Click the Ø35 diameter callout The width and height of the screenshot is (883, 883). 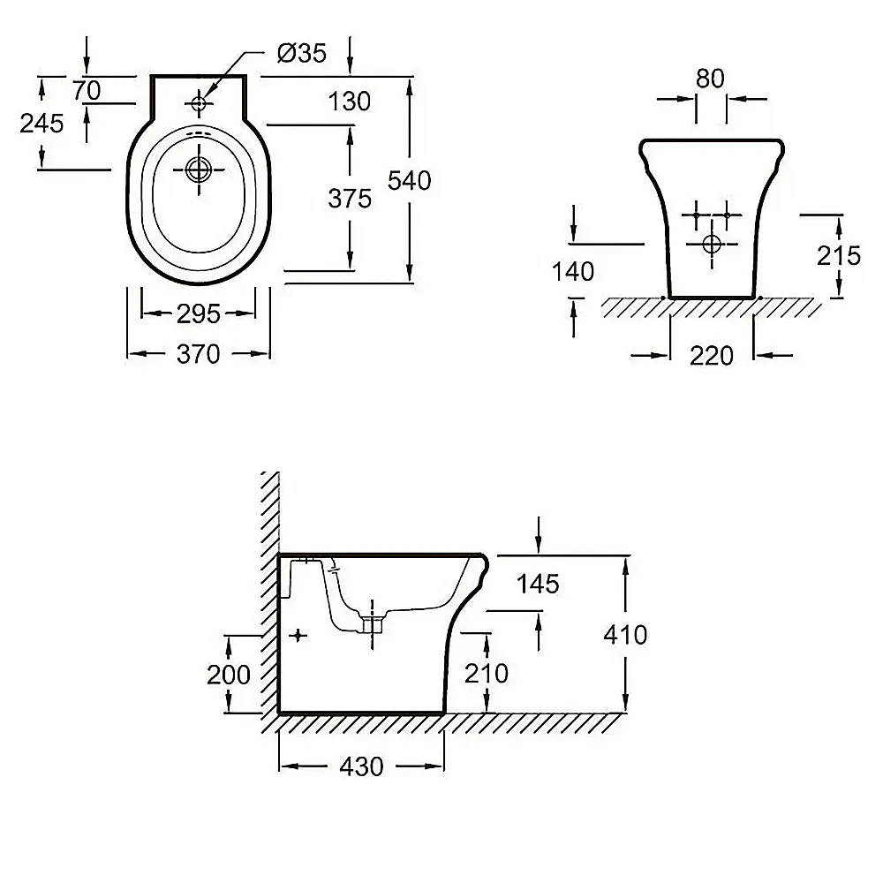tap(301, 54)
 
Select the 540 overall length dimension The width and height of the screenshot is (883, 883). tap(410, 180)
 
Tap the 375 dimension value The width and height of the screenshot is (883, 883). tap(350, 199)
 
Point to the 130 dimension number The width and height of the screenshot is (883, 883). tap(350, 102)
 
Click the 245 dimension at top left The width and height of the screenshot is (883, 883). tap(42, 124)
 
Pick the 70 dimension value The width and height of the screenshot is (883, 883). tap(87, 90)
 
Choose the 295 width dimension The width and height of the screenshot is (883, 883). tap(198, 313)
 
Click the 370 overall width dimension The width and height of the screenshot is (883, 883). tap(198, 354)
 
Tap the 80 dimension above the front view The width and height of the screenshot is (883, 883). tap(710, 79)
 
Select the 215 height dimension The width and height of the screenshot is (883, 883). tap(839, 255)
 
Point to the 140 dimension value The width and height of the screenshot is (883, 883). tap(573, 271)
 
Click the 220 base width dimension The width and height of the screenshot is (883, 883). tap(712, 355)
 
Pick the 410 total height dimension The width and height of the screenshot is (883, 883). tap(626, 634)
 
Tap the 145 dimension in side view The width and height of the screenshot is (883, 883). tap(539, 583)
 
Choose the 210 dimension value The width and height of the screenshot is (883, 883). tap(487, 673)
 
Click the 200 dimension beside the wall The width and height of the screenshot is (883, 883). tap(229, 674)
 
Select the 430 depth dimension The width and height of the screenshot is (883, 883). tap(361, 766)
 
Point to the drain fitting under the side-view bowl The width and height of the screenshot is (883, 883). tap(372, 626)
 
